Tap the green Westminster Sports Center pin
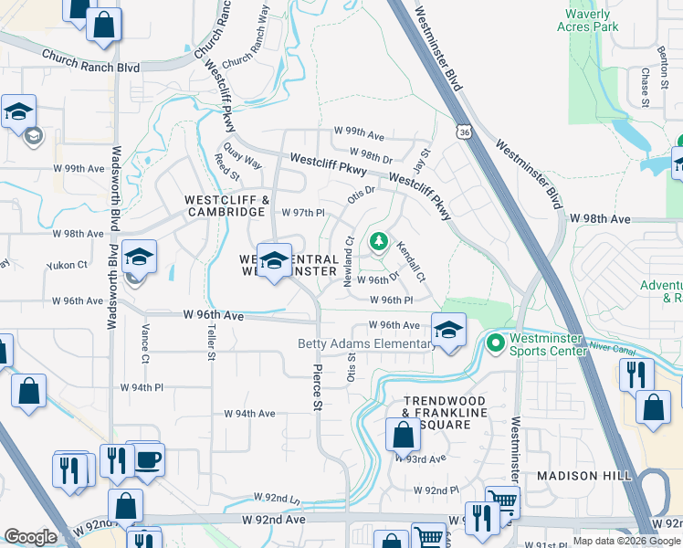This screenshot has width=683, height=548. click(496, 343)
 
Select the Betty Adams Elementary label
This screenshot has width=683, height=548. click(367, 343)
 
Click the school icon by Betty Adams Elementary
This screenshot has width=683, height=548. click(447, 331)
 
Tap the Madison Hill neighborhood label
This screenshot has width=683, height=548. click(578, 476)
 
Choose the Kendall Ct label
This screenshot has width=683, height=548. click(410, 260)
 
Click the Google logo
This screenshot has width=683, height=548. click(30, 537)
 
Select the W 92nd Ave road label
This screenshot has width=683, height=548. click(273, 519)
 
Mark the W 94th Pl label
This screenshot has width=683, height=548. click(142, 387)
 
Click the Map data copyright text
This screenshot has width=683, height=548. click(626, 542)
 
